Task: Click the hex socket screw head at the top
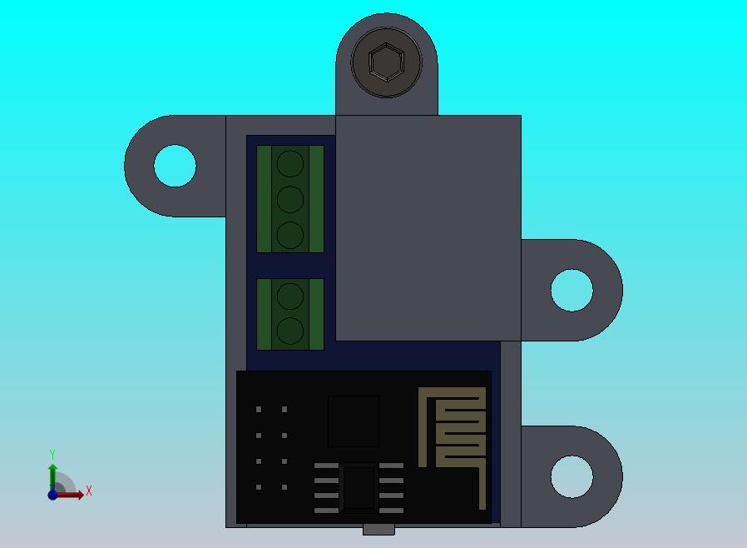387,63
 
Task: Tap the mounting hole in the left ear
175,166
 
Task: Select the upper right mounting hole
572,291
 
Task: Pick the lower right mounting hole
572,477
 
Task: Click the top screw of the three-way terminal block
289,163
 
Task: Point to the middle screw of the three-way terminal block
289,200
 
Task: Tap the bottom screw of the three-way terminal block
289,236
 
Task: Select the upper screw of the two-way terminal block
289,296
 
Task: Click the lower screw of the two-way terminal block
289,331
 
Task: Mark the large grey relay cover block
428,227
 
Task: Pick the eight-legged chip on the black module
359,487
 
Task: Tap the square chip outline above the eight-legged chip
353,421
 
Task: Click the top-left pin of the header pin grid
259,410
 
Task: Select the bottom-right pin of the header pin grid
284,487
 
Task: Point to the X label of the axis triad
89,491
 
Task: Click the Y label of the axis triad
52,455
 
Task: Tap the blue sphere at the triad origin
52,495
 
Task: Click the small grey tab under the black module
378,529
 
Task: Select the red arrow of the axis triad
72,495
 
